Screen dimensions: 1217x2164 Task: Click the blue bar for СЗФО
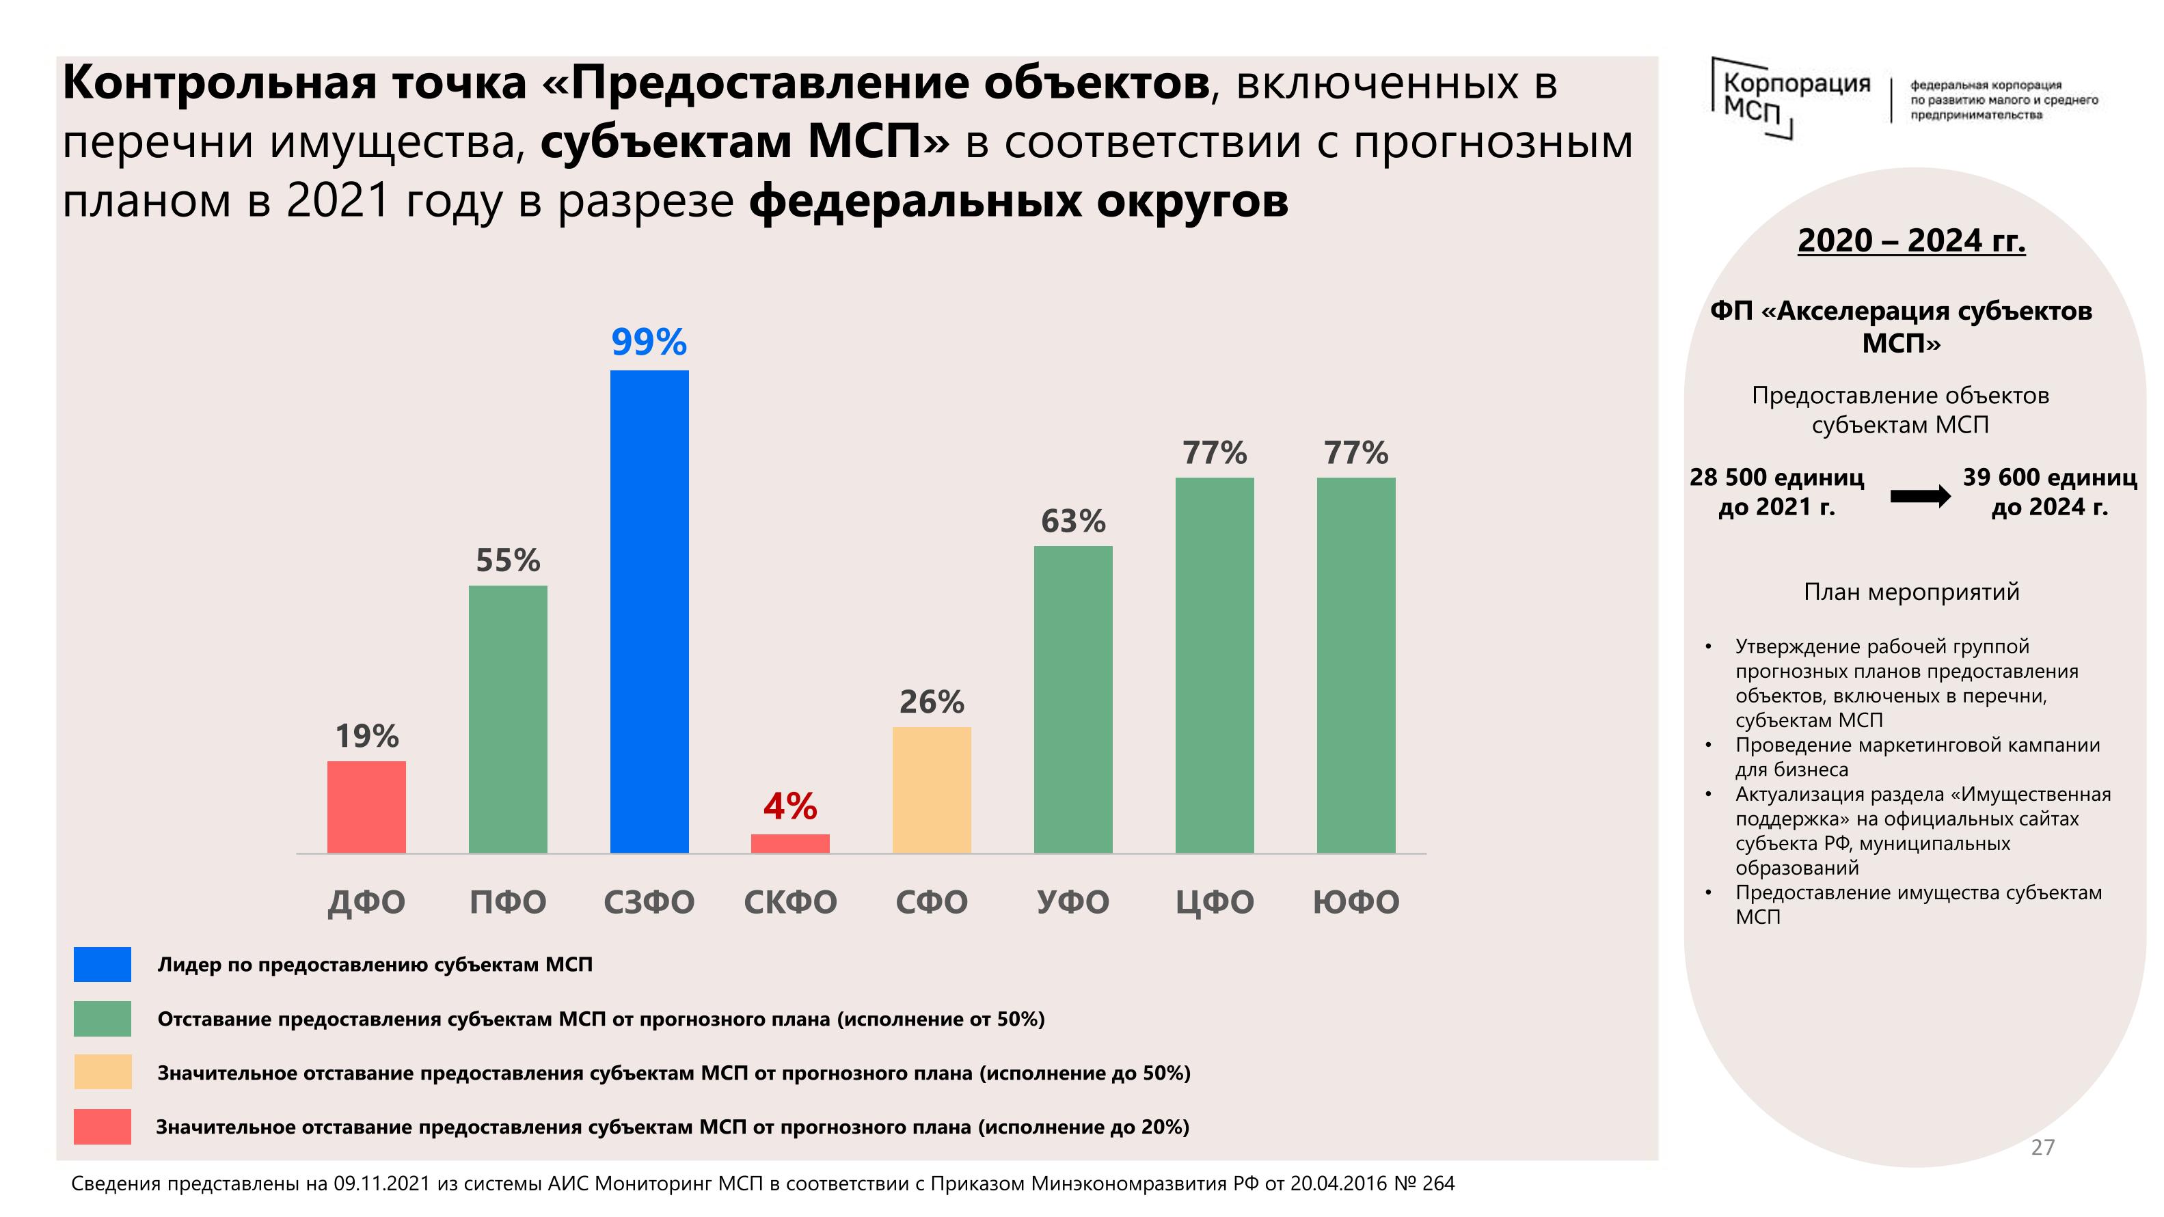coord(649,612)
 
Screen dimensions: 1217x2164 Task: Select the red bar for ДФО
coord(366,807)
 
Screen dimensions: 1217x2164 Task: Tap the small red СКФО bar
coord(789,843)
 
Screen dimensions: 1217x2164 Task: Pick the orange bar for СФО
coord(931,789)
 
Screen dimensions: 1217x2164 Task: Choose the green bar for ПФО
coord(507,719)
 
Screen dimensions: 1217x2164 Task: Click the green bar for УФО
coord(1072,700)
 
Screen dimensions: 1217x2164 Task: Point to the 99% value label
coord(649,342)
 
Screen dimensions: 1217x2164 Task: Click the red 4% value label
coord(789,806)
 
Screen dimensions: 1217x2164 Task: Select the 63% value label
coord(1072,521)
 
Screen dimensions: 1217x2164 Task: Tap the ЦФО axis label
coord(1214,902)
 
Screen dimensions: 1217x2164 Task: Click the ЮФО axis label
coord(1356,902)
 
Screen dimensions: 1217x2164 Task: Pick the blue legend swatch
coord(103,964)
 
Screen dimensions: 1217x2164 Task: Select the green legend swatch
coord(103,1019)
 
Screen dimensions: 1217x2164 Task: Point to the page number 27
coord(2042,1147)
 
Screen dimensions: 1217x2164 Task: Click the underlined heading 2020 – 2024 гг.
coord(1911,241)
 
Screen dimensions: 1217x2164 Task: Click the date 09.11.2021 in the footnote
coord(381,1184)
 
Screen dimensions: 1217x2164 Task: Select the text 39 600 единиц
coord(2049,477)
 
